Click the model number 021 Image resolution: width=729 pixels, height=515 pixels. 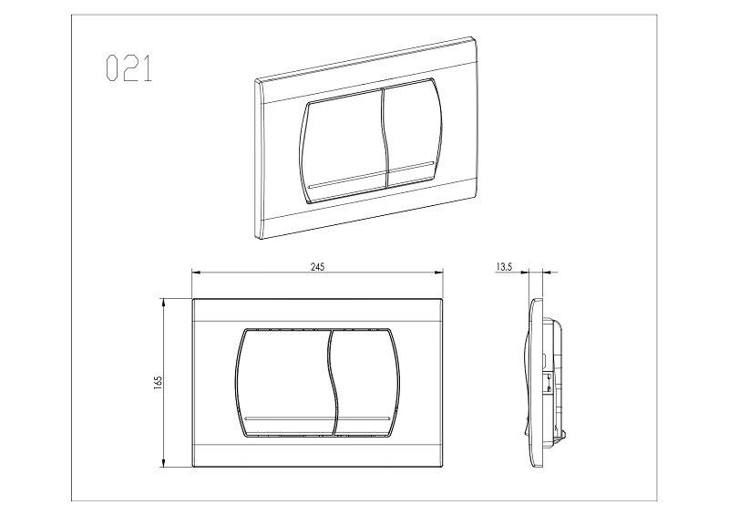click(x=128, y=68)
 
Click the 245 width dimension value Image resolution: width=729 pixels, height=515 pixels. click(x=317, y=266)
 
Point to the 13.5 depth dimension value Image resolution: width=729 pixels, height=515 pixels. click(x=504, y=267)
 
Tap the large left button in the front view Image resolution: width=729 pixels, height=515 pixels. click(x=283, y=383)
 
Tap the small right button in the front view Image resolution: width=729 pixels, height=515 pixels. click(x=365, y=383)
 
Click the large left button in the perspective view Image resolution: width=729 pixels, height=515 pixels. click(x=344, y=147)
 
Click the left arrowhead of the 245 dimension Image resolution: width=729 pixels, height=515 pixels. click(x=196, y=273)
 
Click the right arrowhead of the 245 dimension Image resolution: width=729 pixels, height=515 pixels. click(x=438, y=273)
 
